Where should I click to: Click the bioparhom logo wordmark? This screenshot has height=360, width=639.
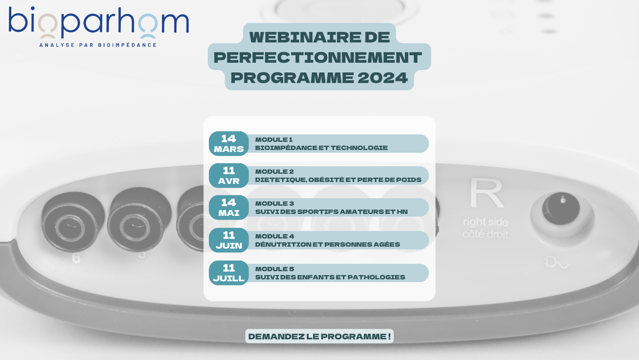pyautogui.click(x=99, y=22)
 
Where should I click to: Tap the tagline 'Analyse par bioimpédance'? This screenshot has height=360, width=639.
pyautogui.click(x=98, y=45)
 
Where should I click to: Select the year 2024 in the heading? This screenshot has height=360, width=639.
pyautogui.click(x=383, y=78)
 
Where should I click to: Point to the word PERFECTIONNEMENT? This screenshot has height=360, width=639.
pyautogui.click(x=318, y=58)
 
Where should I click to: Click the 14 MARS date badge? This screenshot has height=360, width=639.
pyautogui.click(x=229, y=143)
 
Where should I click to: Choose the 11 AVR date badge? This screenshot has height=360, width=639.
pyautogui.click(x=229, y=175)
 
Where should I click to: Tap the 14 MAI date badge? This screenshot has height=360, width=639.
pyautogui.click(x=229, y=207)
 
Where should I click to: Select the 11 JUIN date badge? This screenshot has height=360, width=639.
pyautogui.click(x=229, y=240)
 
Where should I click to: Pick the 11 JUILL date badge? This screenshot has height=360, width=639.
pyautogui.click(x=229, y=273)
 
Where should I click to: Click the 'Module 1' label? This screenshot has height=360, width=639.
pyautogui.click(x=274, y=140)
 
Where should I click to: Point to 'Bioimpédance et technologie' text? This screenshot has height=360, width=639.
pyautogui.click(x=321, y=148)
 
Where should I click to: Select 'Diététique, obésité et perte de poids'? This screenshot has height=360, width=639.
pyautogui.click(x=338, y=180)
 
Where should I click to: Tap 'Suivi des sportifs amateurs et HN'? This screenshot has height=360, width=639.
pyautogui.click(x=331, y=212)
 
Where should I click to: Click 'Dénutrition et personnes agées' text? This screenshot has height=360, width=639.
pyautogui.click(x=327, y=244)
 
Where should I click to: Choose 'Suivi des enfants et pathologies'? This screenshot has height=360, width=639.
pyautogui.click(x=330, y=277)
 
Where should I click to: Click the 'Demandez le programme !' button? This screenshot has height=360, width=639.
pyautogui.click(x=319, y=336)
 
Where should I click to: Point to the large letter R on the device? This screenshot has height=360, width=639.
pyautogui.click(x=486, y=193)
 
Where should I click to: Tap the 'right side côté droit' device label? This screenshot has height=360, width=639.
pyautogui.click(x=485, y=228)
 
